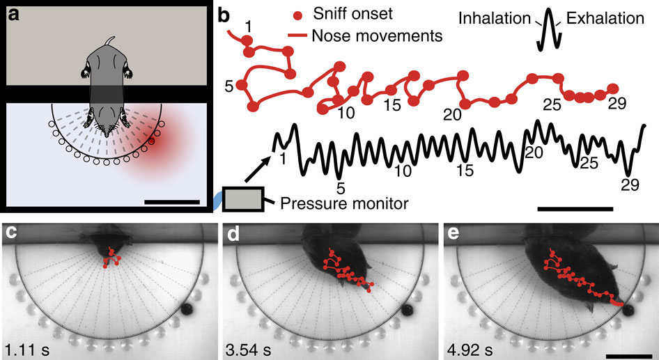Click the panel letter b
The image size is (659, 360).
(x=224, y=15)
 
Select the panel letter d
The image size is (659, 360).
(x=233, y=233)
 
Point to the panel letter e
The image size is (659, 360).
(x=453, y=233)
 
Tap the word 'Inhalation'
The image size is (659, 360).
(x=495, y=18)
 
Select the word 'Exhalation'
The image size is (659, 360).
(x=605, y=18)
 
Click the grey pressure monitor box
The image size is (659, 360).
(x=242, y=199)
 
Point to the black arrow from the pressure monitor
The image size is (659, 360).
(x=257, y=169)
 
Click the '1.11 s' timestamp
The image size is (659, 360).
(x=27, y=350)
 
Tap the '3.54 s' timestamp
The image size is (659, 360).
(x=248, y=350)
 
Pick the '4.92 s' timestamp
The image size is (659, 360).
(x=470, y=350)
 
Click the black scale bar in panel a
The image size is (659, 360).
(x=171, y=202)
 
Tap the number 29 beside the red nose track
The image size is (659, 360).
(x=617, y=103)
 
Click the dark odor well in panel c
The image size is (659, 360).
(x=187, y=311)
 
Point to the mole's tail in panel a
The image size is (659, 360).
(x=110, y=41)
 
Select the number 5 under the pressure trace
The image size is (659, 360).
(x=341, y=189)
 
